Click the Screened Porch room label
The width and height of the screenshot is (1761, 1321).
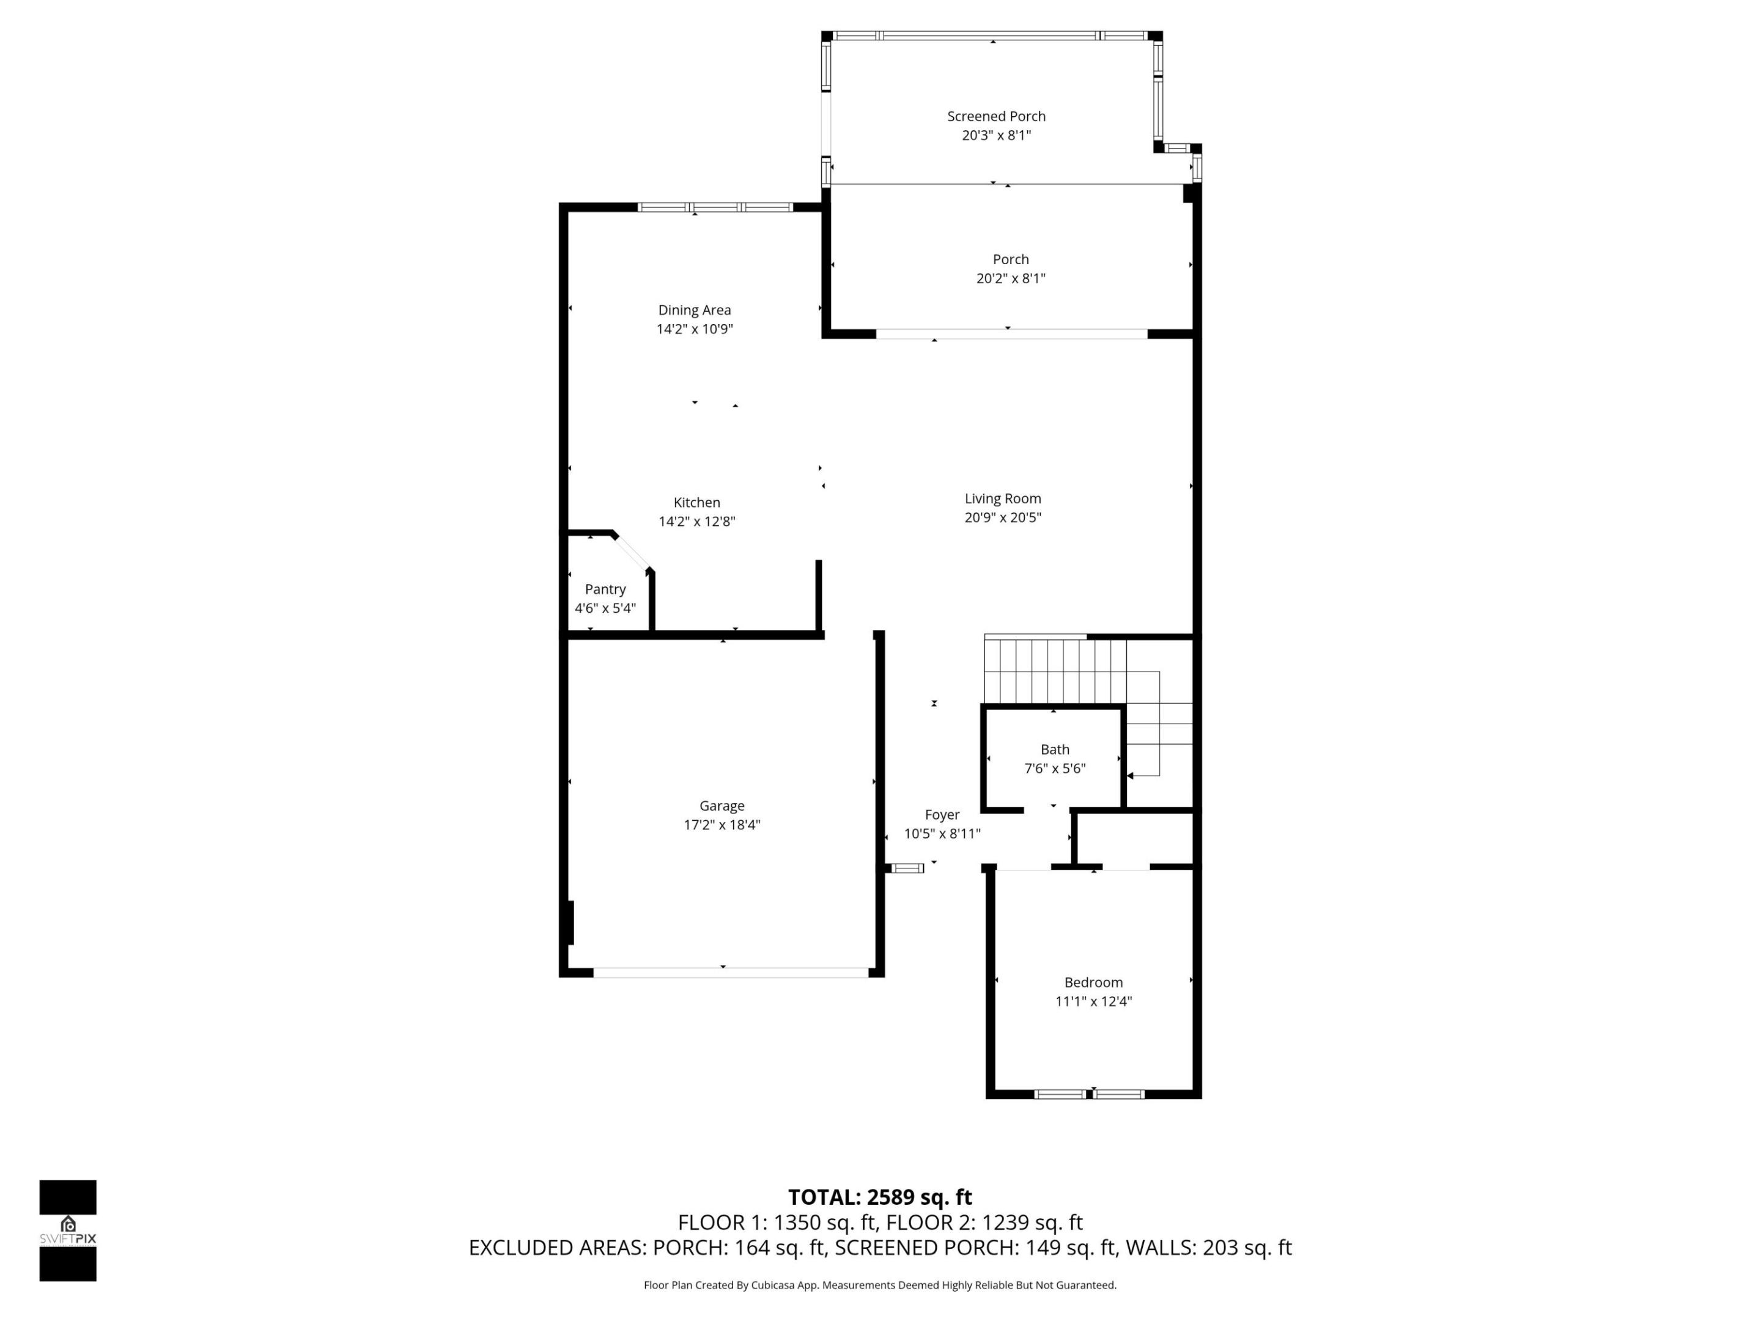996,116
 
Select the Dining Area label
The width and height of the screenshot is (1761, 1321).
694,309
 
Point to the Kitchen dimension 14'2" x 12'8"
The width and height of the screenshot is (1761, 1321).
696,522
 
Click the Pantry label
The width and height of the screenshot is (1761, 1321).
605,589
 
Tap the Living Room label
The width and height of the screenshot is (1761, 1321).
1002,498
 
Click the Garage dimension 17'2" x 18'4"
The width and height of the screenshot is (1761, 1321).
722,825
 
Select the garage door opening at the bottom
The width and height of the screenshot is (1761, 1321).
730,972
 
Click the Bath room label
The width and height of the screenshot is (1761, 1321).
1054,749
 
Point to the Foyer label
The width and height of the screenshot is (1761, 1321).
942,815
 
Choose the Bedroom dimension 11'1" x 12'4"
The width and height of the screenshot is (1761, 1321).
1093,1002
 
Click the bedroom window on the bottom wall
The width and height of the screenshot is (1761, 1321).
1089,1094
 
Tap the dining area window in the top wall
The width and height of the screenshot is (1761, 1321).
715,208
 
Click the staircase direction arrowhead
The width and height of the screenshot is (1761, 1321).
1131,775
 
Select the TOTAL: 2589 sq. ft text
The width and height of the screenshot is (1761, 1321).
880,1197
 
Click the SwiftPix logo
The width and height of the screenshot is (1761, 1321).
68,1230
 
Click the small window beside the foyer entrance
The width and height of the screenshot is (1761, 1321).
906,868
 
